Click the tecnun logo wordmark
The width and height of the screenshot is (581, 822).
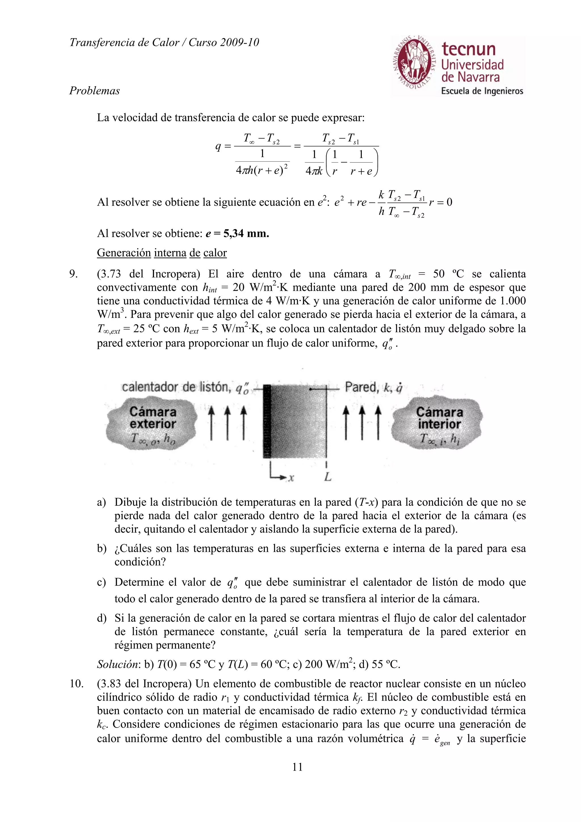(x=468, y=49)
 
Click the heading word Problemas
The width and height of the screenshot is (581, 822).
(x=94, y=90)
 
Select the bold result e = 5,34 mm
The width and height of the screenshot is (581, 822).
(x=237, y=233)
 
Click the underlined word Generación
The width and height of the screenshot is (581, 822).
(x=124, y=253)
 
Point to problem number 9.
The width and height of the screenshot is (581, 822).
(x=73, y=274)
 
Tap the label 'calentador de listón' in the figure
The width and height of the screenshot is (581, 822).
(x=175, y=387)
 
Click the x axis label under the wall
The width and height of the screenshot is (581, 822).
(x=291, y=478)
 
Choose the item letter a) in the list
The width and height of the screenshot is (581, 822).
(x=101, y=502)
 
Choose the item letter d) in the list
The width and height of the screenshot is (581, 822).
(x=101, y=618)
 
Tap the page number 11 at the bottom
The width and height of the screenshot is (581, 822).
(x=298, y=767)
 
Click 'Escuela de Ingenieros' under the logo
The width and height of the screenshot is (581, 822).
(x=482, y=91)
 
